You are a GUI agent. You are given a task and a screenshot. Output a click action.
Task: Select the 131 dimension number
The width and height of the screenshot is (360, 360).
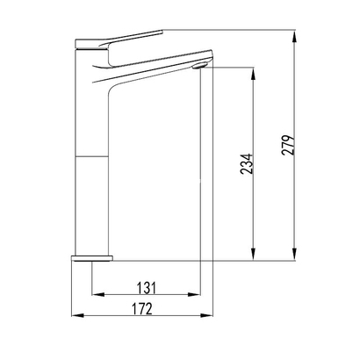[x=145, y=285]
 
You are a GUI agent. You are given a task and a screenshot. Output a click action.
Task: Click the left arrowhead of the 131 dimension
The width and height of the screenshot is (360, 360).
[x=96, y=293]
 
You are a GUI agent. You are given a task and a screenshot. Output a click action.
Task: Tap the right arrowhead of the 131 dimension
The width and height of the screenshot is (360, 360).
[x=199, y=293]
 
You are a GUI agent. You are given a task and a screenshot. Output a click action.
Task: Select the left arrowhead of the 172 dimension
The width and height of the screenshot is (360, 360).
[x=76, y=316]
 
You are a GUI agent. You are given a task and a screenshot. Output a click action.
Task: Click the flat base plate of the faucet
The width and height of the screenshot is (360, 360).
[x=92, y=258]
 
